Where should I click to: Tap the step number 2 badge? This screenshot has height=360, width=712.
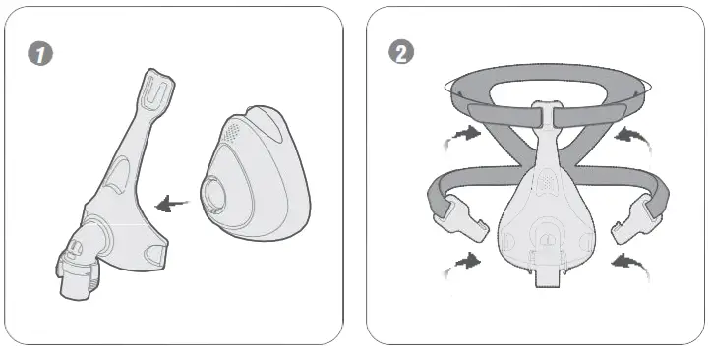(x=401, y=53)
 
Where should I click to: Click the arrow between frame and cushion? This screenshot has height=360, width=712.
(x=175, y=203)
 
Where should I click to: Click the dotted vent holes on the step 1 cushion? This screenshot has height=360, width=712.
(x=232, y=130)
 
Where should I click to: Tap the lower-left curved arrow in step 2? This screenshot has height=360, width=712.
(x=466, y=262)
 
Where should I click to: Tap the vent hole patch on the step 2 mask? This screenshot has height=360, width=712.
(x=545, y=180)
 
